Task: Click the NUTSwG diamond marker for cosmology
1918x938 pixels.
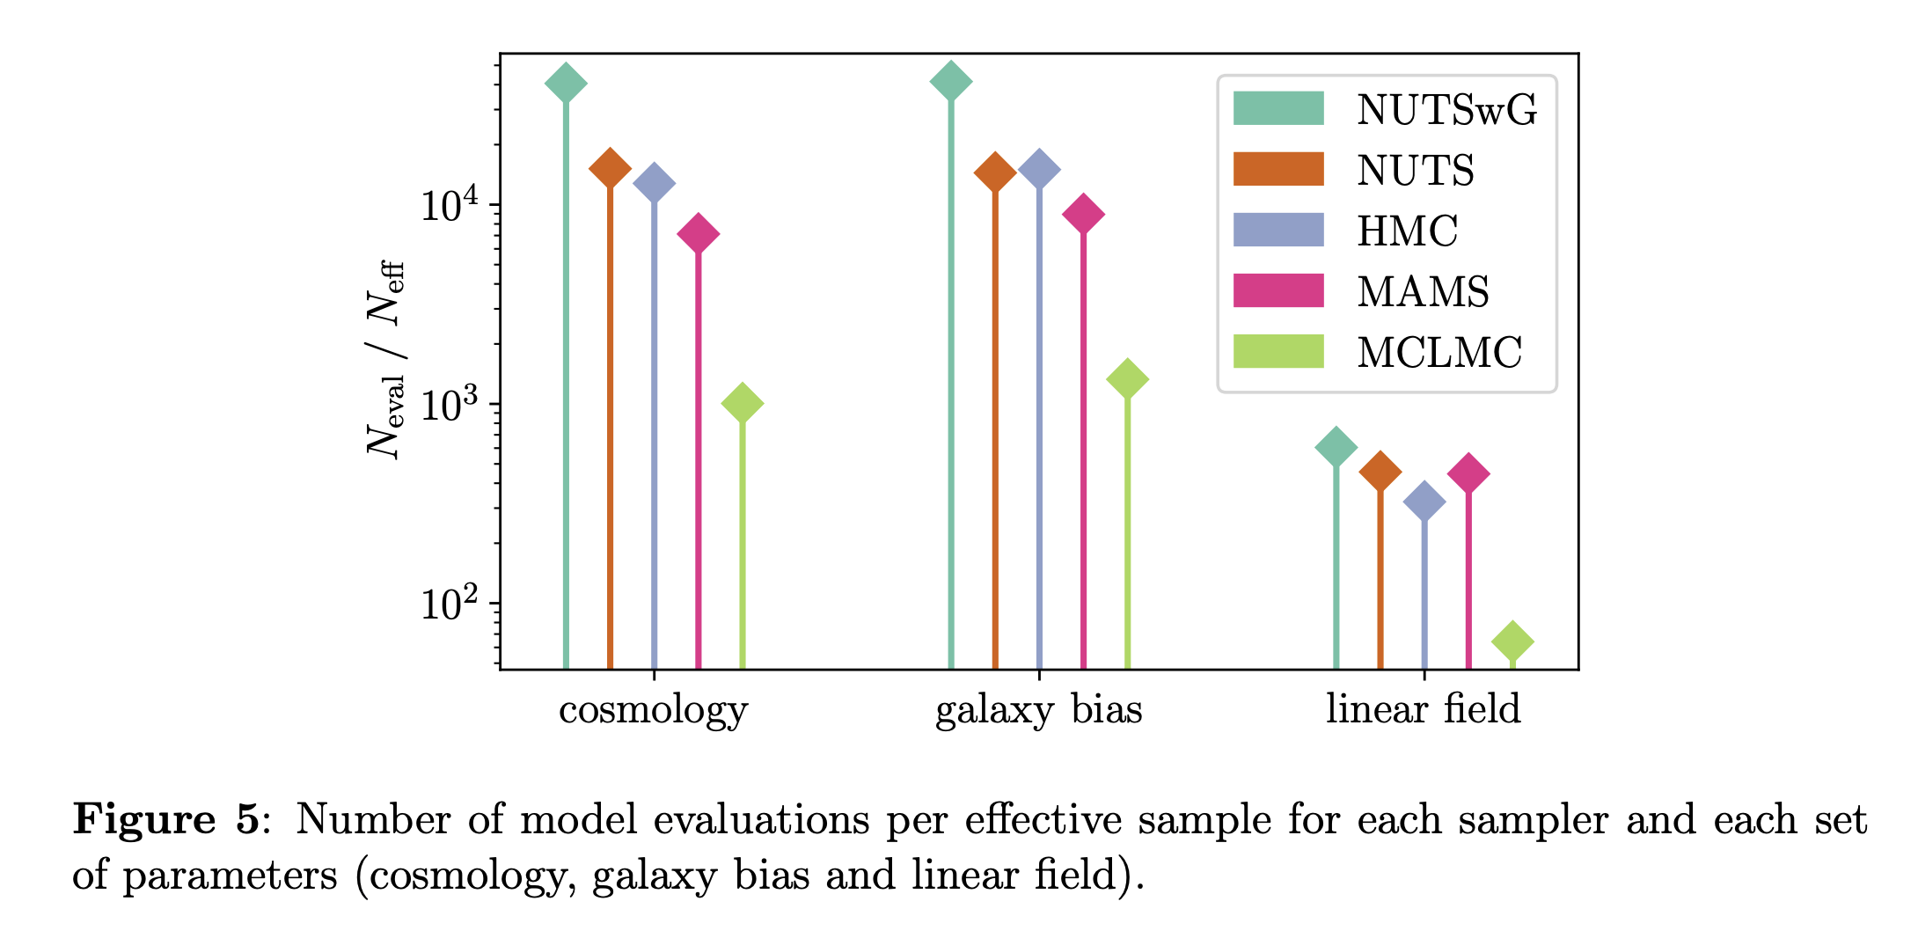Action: point(566,84)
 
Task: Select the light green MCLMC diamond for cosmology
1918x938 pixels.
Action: point(742,404)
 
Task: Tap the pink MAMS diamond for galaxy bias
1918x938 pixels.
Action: point(1083,214)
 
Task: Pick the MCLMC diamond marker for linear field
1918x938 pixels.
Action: point(1512,641)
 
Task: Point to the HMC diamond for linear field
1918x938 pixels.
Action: point(1424,502)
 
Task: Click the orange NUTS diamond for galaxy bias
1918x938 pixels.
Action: point(995,172)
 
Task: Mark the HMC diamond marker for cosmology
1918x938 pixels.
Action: point(654,183)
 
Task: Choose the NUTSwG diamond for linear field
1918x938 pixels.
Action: point(1336,447)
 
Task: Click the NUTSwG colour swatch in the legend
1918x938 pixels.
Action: point(1277,108)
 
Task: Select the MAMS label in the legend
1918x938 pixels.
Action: point(1423,291)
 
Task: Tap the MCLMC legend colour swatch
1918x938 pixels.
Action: point(1277,351)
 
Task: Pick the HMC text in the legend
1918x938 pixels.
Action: point(1407,231)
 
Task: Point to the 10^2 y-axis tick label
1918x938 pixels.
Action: point(450,603)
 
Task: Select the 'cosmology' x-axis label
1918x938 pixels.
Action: point(653,709)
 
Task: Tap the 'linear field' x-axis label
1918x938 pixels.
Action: point(1423,709)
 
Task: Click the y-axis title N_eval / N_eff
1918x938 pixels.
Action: point(385,359)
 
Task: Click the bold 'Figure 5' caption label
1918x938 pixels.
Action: point(166,819)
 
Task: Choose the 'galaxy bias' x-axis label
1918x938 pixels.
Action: point(1038,709)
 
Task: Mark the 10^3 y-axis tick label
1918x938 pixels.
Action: point(450,404)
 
